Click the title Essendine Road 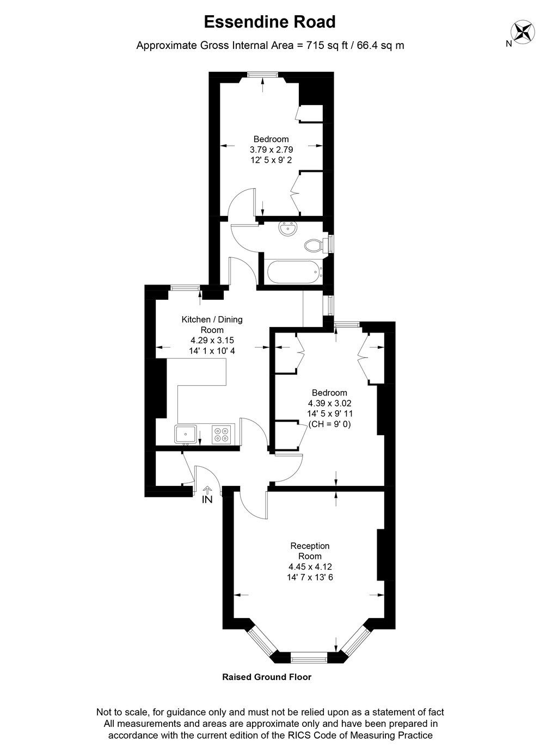pyautogui.click(x=269, y=22)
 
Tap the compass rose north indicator pyautogui.click(x=523, y=31)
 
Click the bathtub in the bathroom pyautogui.click(x=293, y=272)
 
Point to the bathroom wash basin pyautogui.click(x=287, y=229)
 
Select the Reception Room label pyautogui.click(x=310, y=551)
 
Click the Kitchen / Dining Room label pyautogui.click(x=212, y=324)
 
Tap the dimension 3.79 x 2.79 pyautogui.click(x=271, y=150)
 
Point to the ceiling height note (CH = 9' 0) pyautogui.click(x=329, y=424)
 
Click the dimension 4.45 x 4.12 pyautogui.click(x=310, y=566)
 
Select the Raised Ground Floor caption pyautogui.click(x=267, y=677)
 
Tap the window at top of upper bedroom pyautogui.click(x=263, y=75)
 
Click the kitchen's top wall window pyautogui.click(x=184, y=288)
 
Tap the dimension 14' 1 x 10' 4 pyautogui.click(x=212, y=351)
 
